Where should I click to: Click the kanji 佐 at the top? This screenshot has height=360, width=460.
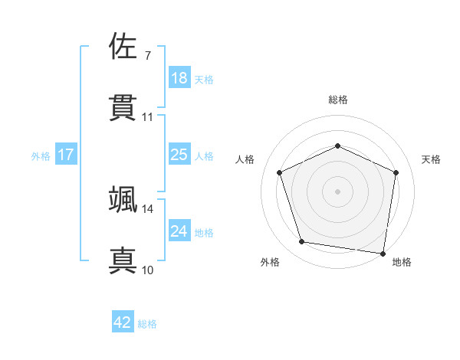tap(123, 46)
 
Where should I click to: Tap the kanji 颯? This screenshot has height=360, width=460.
tap(123, 198)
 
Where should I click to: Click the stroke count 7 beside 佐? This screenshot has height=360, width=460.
tap(147, 56)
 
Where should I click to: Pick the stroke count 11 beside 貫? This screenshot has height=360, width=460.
tap(148, 117)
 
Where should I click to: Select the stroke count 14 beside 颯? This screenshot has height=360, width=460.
tap(148, 208)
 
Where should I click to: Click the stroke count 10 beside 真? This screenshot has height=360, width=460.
tap(148, 270)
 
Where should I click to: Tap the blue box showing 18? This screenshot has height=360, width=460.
tap(179, 78)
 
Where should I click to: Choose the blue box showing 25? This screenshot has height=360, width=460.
tap(179, 155)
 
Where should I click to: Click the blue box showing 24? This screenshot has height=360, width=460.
tap(179, 231)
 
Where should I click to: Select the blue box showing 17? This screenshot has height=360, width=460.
tap(66, 155)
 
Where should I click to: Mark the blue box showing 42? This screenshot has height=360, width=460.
tap(123, 322)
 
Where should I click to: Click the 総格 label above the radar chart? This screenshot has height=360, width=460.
tap(337, 100)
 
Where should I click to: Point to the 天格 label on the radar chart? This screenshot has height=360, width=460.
tap(431, 159)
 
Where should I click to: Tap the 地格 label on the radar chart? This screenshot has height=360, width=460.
tap(402, 262)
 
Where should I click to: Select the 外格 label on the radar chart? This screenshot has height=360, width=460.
tap(270, 262)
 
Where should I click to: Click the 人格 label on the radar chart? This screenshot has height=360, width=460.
tap(245, 159)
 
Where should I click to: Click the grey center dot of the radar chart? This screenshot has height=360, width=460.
tap(337, 191)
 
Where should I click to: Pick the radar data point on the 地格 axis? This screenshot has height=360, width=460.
tap(383, 253)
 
